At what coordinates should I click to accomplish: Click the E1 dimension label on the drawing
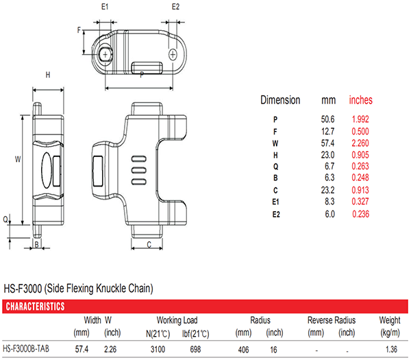[105, 7]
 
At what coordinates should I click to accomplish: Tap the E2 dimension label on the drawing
[175, 7]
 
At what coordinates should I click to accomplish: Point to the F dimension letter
[79, 30]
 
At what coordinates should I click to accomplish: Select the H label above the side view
[48, 75]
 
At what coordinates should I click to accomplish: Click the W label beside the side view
[18, 159]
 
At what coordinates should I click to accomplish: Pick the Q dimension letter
[5, 219]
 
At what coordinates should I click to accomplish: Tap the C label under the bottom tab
[149, 245]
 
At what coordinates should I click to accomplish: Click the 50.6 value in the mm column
[327, 119]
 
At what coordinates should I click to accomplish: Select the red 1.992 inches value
[360, 119]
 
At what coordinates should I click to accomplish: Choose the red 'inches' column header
[361, 100]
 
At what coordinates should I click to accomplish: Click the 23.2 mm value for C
[327, 190]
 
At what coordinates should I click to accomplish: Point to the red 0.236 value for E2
[361, 214]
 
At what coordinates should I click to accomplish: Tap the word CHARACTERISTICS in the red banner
[35, 307]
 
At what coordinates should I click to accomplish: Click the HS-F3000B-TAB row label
[26, 349]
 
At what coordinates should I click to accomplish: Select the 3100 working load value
[158, 349]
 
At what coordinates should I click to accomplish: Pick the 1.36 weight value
[391, 349]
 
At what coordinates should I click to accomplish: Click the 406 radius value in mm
[243, 350]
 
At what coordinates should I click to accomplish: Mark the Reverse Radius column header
[332, 320]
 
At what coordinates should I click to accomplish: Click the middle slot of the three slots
[139, 170]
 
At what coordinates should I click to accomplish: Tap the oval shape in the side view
[47, 170]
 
